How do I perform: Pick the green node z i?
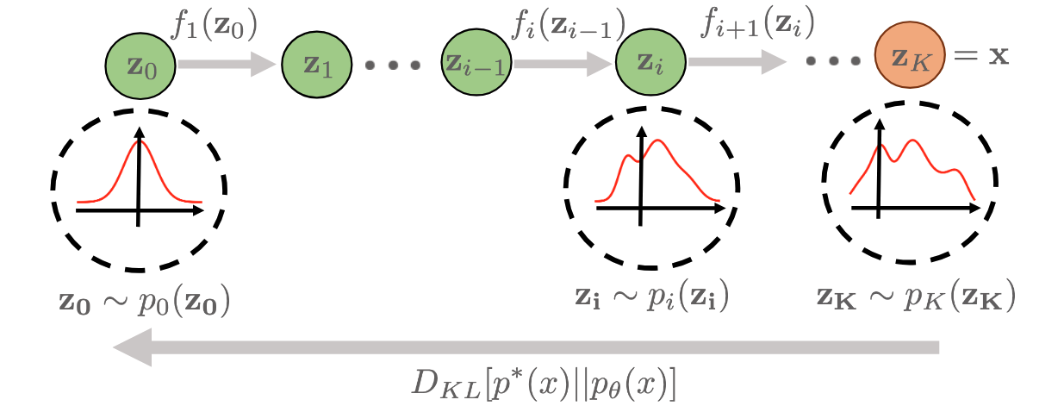pyautogui.click(x=650, y=64)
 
